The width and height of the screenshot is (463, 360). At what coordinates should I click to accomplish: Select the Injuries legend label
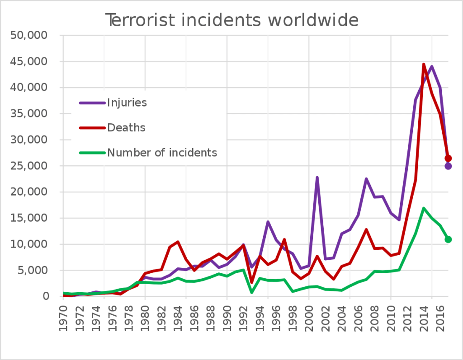(x=127, y=103)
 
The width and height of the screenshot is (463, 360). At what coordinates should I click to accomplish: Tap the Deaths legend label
(x=126, y=128)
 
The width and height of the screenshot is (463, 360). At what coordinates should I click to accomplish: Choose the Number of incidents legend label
(x=162, y=153)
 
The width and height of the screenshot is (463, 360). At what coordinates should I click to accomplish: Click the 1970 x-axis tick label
(x=64, y=318)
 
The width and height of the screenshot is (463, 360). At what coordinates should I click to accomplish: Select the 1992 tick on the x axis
(x=244, y=318)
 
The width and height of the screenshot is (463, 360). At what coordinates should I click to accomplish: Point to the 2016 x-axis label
(x=440, y=318)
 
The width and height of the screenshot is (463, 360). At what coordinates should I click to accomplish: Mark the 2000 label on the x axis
(x=309, y=318)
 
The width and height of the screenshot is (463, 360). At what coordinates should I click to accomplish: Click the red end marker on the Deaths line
(x=448, y=158)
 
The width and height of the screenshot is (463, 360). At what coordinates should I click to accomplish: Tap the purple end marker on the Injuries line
(x=448, y=166)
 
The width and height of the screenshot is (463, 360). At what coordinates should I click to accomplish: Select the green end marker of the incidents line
(x=448, y=239)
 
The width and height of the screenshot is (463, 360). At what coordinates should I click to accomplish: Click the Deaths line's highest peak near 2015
(x=424, y=64)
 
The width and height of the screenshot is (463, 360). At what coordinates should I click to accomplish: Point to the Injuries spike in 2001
(x=317, y=178)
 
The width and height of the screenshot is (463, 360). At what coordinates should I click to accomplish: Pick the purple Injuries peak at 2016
(x=432, y=66)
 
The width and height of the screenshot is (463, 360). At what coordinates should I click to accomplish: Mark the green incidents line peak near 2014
(x=424, y=208)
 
